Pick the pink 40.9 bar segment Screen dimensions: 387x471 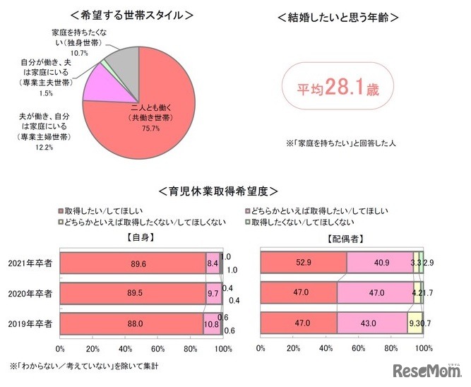(380, 262)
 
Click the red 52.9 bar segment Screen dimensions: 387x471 (304, 262)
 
